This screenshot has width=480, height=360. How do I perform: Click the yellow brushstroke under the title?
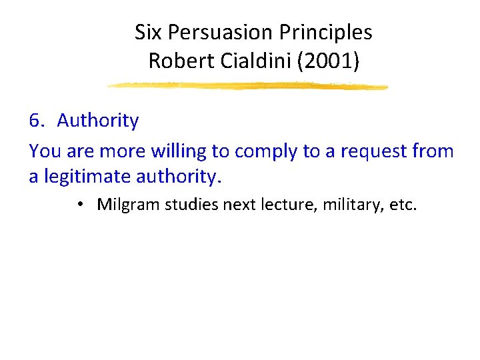(x=247, y=86)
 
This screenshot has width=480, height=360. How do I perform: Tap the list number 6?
(x=36, y=121)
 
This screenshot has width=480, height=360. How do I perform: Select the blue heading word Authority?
(x=98, y=121)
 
